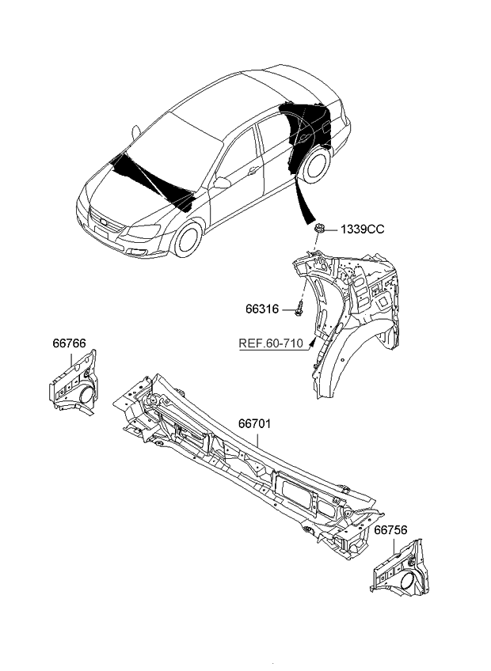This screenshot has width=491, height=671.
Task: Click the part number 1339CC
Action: coord(362,229)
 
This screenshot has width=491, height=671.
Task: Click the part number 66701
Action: coord(254,424)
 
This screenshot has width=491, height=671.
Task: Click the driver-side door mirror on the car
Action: coord(221,183)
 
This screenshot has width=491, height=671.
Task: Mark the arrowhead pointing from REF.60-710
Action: coord(314,342)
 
